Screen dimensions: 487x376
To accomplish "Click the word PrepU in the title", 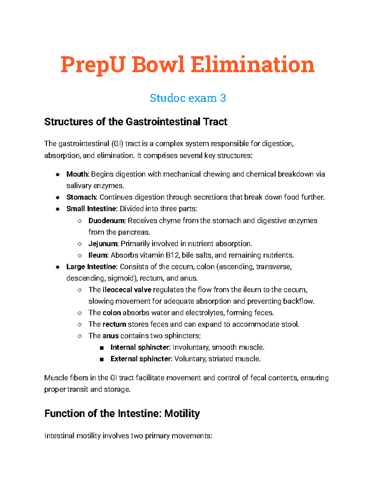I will [x=92, y=65].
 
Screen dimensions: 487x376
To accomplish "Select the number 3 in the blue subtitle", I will [x=223, y=98].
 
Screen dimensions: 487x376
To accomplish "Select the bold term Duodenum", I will [x=107, y=221].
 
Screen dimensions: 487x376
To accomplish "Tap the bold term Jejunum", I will [x=103, y=244].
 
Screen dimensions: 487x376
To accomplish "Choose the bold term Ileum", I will [x=98, y=255].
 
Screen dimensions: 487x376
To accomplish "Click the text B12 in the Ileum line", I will [x=172, y=255].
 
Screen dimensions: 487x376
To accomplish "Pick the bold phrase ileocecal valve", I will [x=127, y=290].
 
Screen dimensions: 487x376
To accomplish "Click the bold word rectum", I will [x=114, y=324].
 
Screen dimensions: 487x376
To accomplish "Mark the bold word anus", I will [x=111, y=336].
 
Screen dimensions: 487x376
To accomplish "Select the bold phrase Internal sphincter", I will [x=140, y=347].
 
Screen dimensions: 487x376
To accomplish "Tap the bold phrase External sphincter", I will [x=141, y=359].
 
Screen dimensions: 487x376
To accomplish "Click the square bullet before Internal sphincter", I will [x=102, y=348].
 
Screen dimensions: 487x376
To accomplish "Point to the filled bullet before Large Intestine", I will [x=58, y=267].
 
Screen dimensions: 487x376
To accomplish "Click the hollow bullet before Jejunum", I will [x=80, y=244].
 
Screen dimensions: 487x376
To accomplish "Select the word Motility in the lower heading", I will [x=182, y=414].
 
